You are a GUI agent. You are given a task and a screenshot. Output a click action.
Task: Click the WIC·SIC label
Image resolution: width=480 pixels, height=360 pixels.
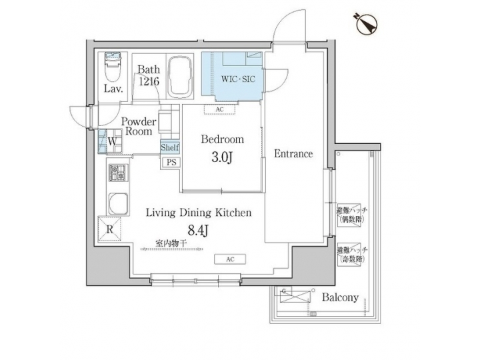(x=238, y=79)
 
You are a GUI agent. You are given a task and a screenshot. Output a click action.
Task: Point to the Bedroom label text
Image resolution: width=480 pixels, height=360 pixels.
(x=222, y=140)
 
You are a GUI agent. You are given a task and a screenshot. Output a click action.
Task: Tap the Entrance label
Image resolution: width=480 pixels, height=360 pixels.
(x=293, y=154)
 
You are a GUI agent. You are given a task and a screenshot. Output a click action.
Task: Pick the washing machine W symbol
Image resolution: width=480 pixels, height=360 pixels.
(x=112, y=141)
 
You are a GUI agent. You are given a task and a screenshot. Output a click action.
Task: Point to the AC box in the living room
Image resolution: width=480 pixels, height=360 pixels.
(x=229, y=259)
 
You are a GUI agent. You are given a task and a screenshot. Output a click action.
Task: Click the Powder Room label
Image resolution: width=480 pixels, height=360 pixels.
(x=139, y=127)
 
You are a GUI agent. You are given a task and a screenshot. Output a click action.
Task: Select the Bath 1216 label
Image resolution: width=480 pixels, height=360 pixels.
(x=148, y=75)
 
